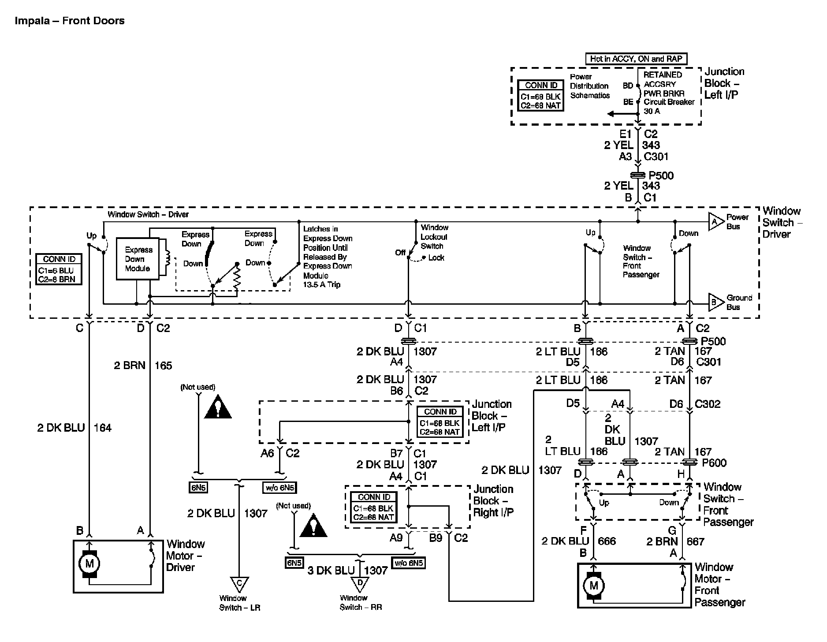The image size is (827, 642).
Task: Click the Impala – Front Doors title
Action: (70, 21)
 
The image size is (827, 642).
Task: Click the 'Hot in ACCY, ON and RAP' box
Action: (636, 59)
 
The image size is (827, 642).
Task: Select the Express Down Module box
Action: (138, 259)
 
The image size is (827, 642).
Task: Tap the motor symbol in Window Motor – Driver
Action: (89, 563)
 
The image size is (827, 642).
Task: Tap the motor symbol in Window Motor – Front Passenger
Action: (593, 586)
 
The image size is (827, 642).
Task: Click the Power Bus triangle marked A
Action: (715, 222)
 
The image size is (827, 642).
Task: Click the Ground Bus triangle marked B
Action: (715, 302)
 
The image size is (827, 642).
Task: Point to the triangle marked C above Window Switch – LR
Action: (239, 584)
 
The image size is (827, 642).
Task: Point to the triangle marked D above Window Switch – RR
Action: (360, 583)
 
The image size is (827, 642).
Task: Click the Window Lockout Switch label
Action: (434, 237)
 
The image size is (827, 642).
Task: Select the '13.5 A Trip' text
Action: (322, 284)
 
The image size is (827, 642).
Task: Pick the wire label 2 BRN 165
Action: (143, 366)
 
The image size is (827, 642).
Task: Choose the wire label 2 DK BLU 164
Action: (74, 427)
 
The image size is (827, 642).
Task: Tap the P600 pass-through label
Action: (714, 463)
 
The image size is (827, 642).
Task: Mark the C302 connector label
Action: (708, 404)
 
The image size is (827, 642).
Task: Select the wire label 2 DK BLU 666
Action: (578, 541)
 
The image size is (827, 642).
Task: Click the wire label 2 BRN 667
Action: (675, 541)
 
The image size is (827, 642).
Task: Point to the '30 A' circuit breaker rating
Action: (652, 111)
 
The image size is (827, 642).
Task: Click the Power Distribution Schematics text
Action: (589, 86)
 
